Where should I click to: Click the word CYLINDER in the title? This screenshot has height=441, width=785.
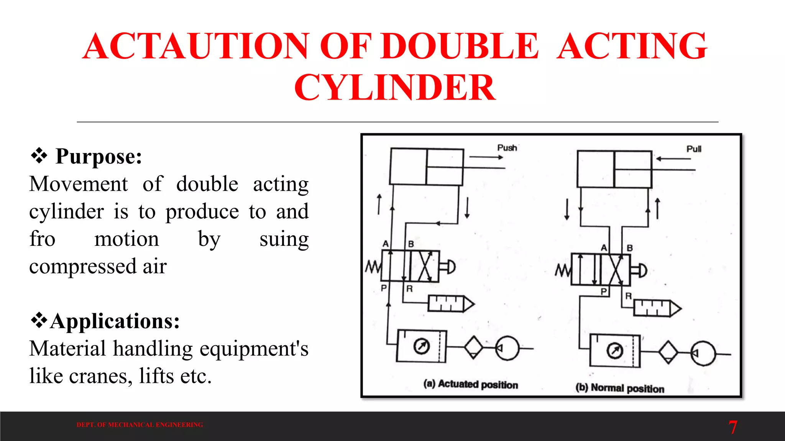395,87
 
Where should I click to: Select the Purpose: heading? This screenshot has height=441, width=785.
99,156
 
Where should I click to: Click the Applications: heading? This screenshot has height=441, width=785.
115,321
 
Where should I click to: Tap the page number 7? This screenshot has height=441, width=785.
732,427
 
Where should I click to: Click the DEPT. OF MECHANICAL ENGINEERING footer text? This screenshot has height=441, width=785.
140,425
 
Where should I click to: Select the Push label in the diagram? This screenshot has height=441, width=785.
507,148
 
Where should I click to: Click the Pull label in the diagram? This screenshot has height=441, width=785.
694,149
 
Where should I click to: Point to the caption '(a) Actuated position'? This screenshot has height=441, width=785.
471,384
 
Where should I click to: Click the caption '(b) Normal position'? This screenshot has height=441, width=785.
620,388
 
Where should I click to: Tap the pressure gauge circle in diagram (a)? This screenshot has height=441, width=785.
421,346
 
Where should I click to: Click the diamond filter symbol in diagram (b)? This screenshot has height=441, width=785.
668,352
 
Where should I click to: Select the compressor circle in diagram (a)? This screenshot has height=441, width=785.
507,348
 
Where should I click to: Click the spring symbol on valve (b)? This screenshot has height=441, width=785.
563,271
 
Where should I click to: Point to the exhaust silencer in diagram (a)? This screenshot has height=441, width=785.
451,304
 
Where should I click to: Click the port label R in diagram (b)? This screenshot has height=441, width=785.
628,296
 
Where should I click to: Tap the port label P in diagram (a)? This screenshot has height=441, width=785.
384,288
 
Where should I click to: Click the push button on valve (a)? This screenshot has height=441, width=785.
448,266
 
